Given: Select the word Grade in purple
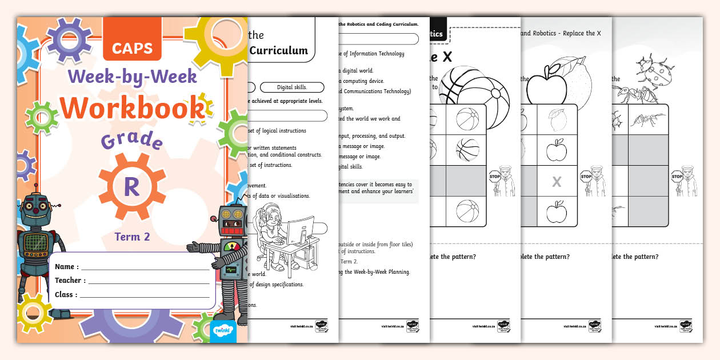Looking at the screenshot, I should click(x=131, y=140).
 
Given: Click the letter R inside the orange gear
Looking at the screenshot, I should click(x=131, y=187).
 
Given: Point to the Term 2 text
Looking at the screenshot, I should click(x=132, y=237).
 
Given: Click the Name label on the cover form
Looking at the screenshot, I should click(x=66, y=267).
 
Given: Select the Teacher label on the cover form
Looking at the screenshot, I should click(x=70, y=281).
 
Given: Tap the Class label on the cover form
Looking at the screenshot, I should click(x=66, y=295).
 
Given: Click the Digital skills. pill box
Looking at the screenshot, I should click(x=291, y=87).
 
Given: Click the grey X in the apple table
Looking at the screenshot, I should click(x=556, y=182).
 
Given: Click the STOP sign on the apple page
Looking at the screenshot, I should click(x=586, y=177).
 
